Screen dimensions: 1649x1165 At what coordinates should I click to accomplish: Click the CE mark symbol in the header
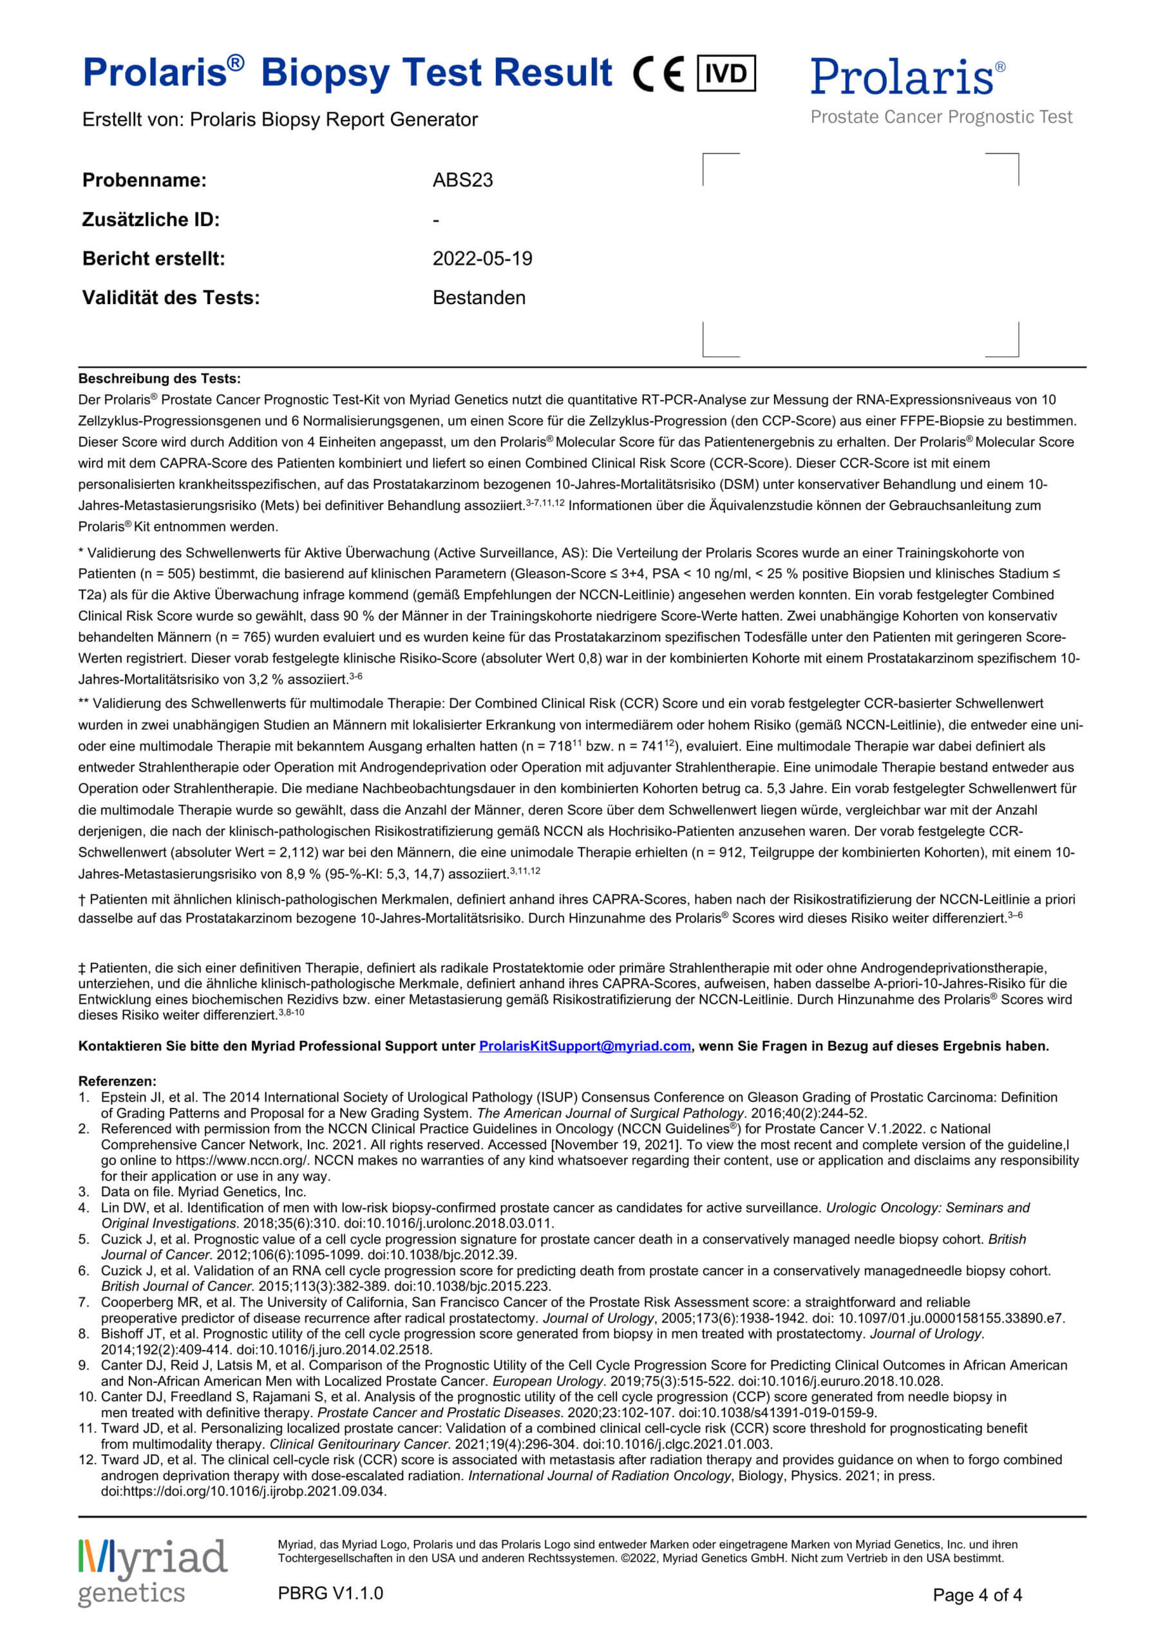tap(658, 74)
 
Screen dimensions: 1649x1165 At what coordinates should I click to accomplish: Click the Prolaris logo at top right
tap(908, 77)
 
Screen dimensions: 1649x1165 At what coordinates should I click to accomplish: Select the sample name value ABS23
tap(462, 180)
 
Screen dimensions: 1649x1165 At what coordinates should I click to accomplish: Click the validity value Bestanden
tap(478, 298)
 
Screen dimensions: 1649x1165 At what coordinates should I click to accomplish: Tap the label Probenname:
tap(144, 180)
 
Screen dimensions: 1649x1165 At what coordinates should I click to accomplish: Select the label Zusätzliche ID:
tap(151, 220)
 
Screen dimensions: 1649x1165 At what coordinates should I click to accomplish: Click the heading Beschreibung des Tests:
tap(160, 379)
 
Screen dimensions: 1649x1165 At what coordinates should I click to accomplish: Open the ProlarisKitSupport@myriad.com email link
tap(585, 1047)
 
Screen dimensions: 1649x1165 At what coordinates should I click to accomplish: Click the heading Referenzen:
tap(117, 1081)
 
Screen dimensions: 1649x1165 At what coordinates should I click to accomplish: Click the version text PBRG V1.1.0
tap(330, 1593)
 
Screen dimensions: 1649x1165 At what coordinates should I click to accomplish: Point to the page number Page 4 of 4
tap(977, 1595)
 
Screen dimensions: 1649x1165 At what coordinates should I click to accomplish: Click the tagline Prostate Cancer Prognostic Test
tap(941, 117)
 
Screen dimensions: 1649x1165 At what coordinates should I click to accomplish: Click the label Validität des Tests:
tap(171, 298)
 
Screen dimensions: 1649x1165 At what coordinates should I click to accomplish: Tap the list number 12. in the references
tap(87, 1460)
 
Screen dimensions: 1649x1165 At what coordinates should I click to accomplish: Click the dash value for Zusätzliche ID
tap(436, 220)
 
